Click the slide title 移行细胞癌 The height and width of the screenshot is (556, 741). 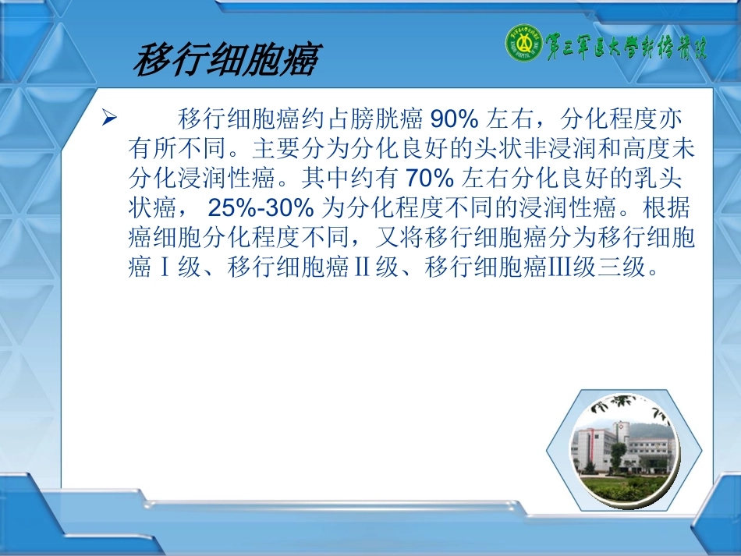[x=226, y=61]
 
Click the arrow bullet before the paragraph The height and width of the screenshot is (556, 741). [x=110, y=119]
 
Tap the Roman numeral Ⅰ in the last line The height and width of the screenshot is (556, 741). [x=164, y=268]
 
